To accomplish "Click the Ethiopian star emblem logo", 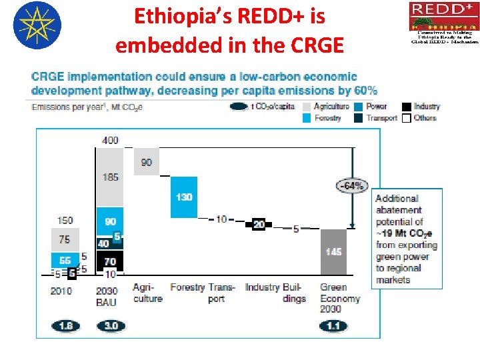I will (37, 25).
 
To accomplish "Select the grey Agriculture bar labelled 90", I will (146, 162).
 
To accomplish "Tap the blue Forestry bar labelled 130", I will (184, 197).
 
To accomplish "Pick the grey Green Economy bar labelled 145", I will (333, 252).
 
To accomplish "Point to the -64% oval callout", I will (351, 186).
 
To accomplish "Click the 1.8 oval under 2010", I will (66, 326).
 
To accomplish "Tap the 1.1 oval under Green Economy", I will (333, 326).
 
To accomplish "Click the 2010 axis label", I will (62, 291).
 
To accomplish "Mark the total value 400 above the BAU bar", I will (111, 141).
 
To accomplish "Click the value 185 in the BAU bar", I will (111, 177).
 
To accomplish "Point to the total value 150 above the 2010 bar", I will (65, 221).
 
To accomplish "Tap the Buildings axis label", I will (294, 293).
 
